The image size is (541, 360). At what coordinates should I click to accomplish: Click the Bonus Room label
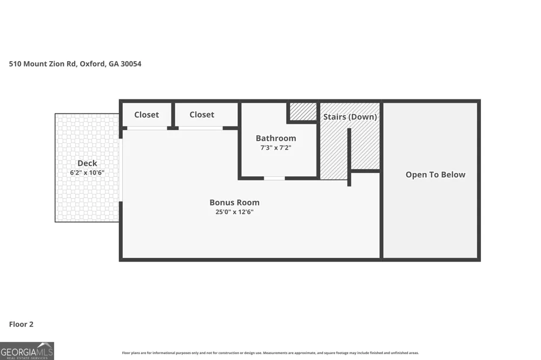click(234, 202)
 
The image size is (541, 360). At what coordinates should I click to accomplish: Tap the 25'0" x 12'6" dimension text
click(234, 212)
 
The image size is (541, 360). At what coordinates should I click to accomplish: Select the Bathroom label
click(276, 138)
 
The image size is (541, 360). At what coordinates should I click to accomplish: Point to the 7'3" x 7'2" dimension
click(276, 148)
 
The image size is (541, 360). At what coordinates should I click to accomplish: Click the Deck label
click(87, 163)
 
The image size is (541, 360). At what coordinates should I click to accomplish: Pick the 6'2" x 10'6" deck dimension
click(87, 172)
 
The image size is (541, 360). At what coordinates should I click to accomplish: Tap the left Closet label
click(146, 115)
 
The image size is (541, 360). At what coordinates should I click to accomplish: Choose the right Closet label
click(201, 115)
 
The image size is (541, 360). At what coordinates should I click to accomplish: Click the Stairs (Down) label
click(350, 117)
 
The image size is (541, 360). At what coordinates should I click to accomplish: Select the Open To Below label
click(436, 175)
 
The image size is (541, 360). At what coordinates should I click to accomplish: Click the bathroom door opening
click(274, 178)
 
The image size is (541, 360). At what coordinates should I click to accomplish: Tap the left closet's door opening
click(147, 128)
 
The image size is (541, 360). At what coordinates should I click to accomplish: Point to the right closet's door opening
click(201, 128)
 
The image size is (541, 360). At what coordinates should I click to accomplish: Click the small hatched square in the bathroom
click(303, 111)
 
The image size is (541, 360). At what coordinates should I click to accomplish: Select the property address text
click(75, 64)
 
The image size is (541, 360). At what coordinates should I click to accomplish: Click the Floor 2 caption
click(21, 324)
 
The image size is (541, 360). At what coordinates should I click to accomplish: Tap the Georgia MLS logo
click(27, 351)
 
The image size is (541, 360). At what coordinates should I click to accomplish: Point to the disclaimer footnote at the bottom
click(270, 353)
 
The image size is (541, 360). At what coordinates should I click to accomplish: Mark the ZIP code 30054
click(131, 64)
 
